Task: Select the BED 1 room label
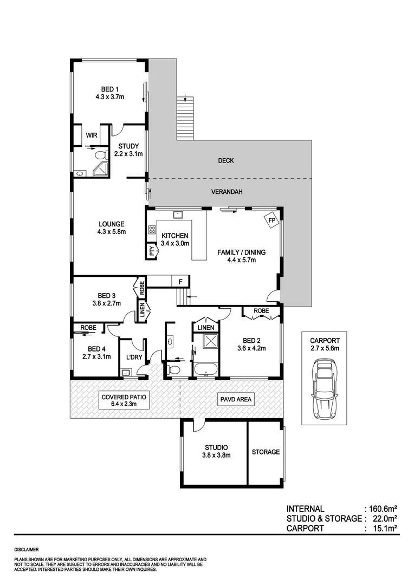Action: click(109, 89)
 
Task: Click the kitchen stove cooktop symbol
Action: click(152, 231)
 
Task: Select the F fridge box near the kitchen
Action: click(180, 282)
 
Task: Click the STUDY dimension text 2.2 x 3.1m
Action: click(128, 154)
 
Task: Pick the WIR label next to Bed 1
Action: click(90, 135)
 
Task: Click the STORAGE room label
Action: click(266, 452)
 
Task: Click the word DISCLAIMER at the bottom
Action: click(27, 549)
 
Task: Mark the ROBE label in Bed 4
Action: click(88, 328)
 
